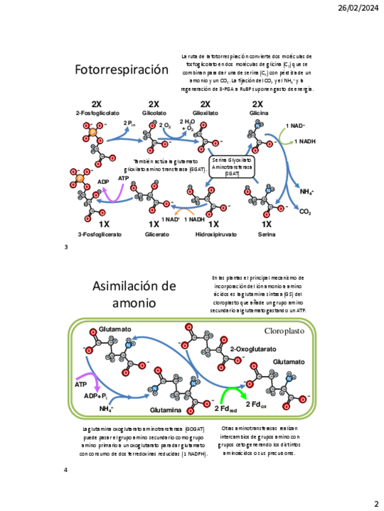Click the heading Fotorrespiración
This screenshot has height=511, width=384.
pos(121,70)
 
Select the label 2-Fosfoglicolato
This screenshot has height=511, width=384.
pos(98,113)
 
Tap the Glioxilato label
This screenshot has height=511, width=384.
pos(205,113)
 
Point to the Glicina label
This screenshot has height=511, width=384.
pos(258,113)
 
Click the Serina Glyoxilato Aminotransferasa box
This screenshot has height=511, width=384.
pos(232,167)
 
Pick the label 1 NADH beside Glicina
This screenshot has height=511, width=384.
pos(305,141)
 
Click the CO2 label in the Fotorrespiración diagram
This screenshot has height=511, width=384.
pos(305,212)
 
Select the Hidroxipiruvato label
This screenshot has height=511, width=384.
pos(216,234)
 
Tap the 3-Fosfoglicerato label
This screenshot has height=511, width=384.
pos(100,234)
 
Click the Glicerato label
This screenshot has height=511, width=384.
pos(157,234)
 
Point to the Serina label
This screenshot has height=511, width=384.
pos(266,234)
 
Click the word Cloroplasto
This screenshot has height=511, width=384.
pos(284,331)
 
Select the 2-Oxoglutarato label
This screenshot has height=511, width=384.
pos(253,349)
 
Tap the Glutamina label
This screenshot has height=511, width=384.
pos(166,410)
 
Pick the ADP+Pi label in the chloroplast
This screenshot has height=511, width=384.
pos(95,396)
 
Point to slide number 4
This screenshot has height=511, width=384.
pos(65,469)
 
